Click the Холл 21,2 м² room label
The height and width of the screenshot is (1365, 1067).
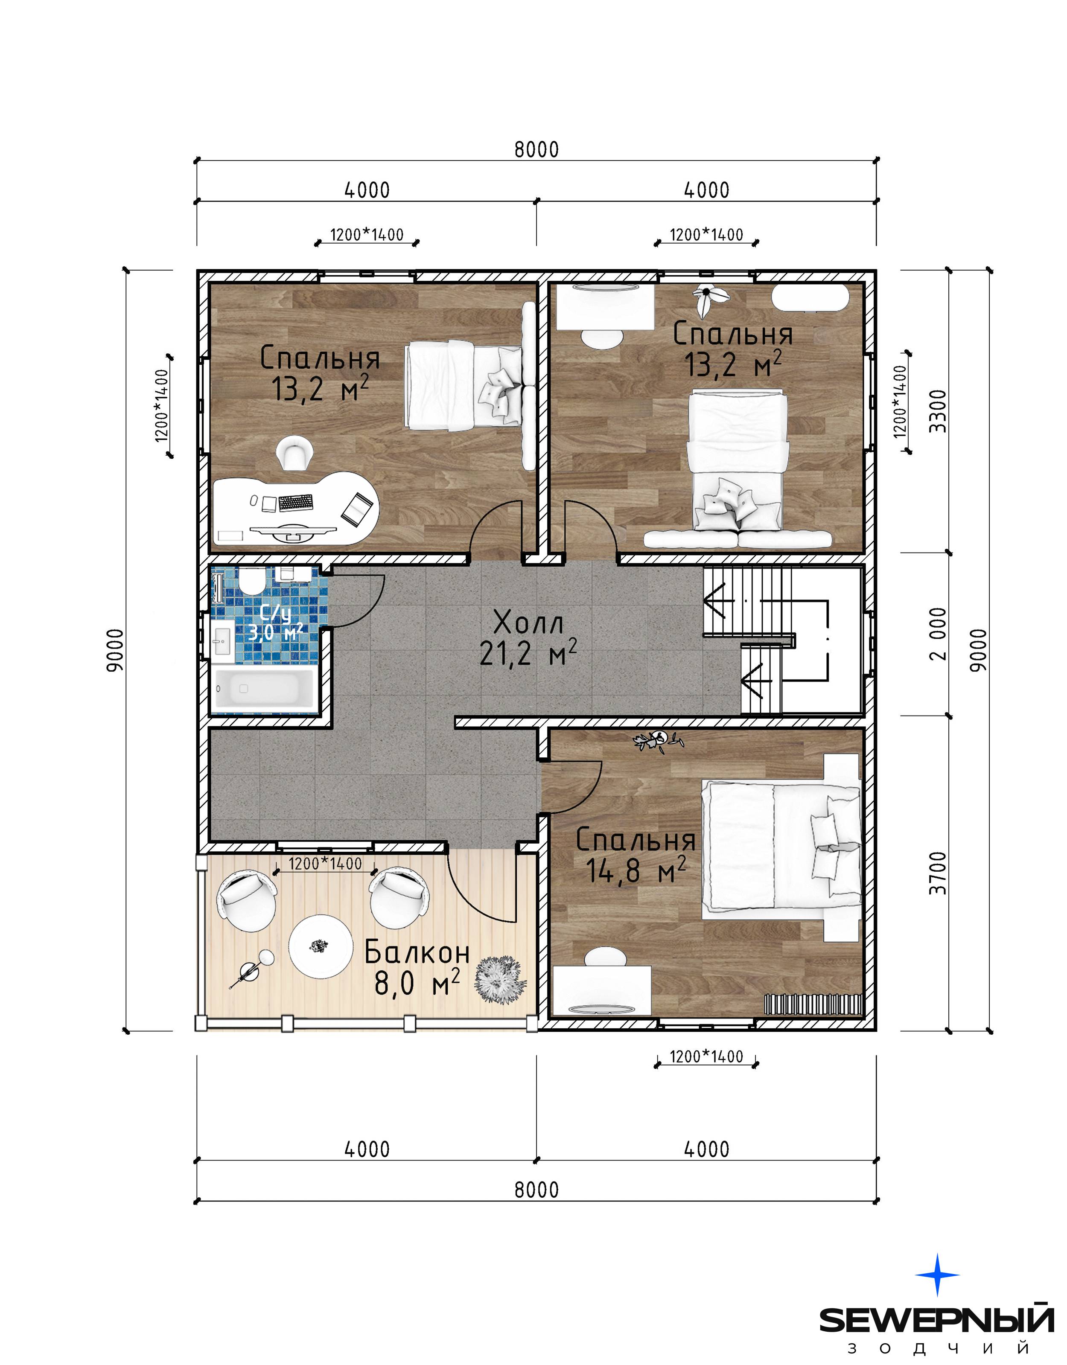(x=528, y=638)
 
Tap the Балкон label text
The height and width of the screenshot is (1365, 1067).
(x=417, y=952)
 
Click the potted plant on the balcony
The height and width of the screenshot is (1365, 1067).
(x=500, y=979)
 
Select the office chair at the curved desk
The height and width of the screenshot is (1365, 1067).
(x=294, y=452)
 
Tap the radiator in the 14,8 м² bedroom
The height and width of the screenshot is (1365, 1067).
(x=813, y=1004)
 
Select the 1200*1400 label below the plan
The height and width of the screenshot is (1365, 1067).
(x=706, y=1056)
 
